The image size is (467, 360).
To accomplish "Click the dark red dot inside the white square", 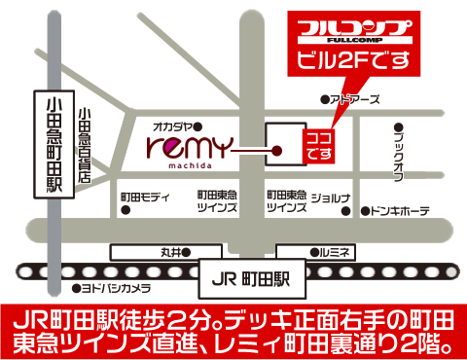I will click(278, 151).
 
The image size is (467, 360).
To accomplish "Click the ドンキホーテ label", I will click(400, 210).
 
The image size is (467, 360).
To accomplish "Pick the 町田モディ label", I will click(147, 197).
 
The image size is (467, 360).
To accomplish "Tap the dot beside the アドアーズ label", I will click(325, 100).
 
